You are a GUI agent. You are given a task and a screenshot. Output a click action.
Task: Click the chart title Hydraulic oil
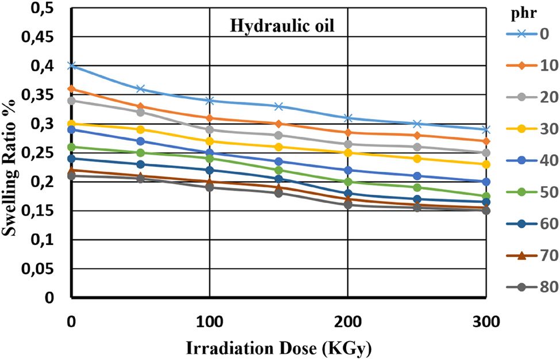point(278,26)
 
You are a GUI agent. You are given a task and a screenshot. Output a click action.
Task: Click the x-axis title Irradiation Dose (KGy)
point(278,347)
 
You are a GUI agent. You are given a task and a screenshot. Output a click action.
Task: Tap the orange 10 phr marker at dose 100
point(209,118)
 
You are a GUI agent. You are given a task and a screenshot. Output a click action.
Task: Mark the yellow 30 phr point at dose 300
point(486,164)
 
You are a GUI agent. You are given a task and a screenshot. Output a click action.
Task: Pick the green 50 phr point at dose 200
point(347,182)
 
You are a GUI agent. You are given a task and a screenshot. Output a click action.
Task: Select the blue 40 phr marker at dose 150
point(278,162)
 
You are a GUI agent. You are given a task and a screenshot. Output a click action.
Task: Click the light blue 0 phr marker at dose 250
point(417,124)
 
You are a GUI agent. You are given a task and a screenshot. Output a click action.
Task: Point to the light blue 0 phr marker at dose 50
point(140,89)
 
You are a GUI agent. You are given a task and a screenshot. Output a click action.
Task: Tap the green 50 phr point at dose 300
point(486,196)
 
